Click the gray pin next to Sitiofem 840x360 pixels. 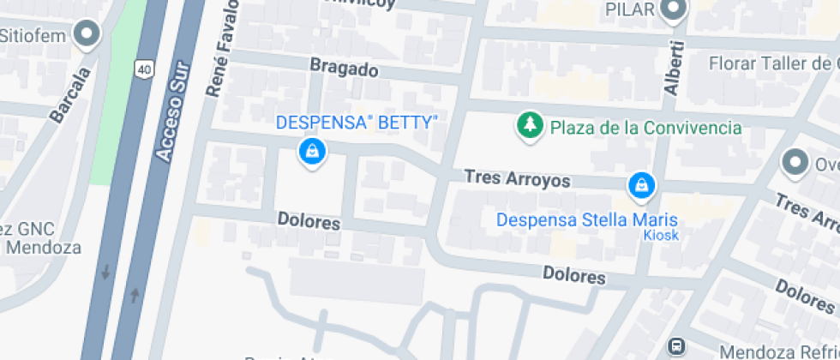point(87,35)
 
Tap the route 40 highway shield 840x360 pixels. point(143,68)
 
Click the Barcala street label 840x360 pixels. point(71,95)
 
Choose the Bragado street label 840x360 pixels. point(344,69)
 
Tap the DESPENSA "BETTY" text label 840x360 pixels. point(357,123)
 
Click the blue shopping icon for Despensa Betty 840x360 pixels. point(312,153)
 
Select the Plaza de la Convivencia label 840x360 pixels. point(645,128)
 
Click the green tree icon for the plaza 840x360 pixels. point(530,126)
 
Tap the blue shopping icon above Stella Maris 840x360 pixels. point(640,183)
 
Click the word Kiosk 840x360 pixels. point(661,235)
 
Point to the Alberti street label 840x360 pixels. point(673,68)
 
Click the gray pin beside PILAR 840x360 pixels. point(674,10)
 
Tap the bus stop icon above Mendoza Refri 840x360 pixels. point(676,347)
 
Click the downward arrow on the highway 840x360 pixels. point(105,273)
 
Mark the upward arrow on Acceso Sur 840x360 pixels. point(134,296)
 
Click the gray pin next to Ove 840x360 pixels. point(795,162)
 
